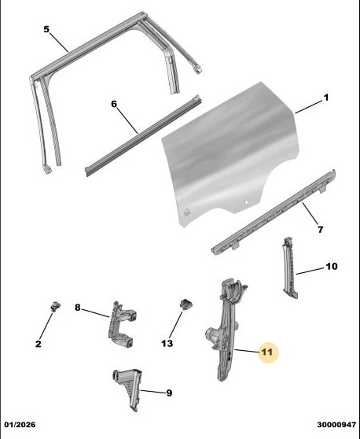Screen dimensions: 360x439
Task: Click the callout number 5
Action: pyautogui.click(x=46, y=29)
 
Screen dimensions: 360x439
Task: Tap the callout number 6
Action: pyautogui.click(x=114, y=104)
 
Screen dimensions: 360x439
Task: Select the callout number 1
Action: pyautogui.click(x=326, y=98)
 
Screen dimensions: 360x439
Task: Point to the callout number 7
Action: pyautogui.click(x=320, y=230)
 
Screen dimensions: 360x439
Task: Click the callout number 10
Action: pyautogui.click(x=332, y=266)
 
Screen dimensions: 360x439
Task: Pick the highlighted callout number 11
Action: pyautogui.click(x=266, y=352)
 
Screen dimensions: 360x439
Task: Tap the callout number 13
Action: pyautogui.click(x=167, y=343)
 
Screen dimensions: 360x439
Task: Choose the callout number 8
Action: pyautogui.click(x=78, y=308)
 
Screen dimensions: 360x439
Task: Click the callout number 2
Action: pyautogui.click(x=39, y=344)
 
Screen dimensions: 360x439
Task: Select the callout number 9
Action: pyautogui.click(x=169, y=393)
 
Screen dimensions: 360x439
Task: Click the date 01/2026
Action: pyautogui.click(x=20, y=425)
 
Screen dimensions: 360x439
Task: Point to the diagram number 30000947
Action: pyautogui.click(x=336, y=425)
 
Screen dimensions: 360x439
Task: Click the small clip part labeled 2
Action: pyautogui.click(x=55, y=306)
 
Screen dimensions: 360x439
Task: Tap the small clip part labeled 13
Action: pyautogui.click(x=186, y=304)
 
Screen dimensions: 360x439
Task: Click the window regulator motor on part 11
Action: pyautogui.click(x=215, y=335)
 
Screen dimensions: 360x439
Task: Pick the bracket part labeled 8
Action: pyautogui.click(x=121, y=324)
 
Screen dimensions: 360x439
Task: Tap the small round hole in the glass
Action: pyautogui.click(x=246, y=202)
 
